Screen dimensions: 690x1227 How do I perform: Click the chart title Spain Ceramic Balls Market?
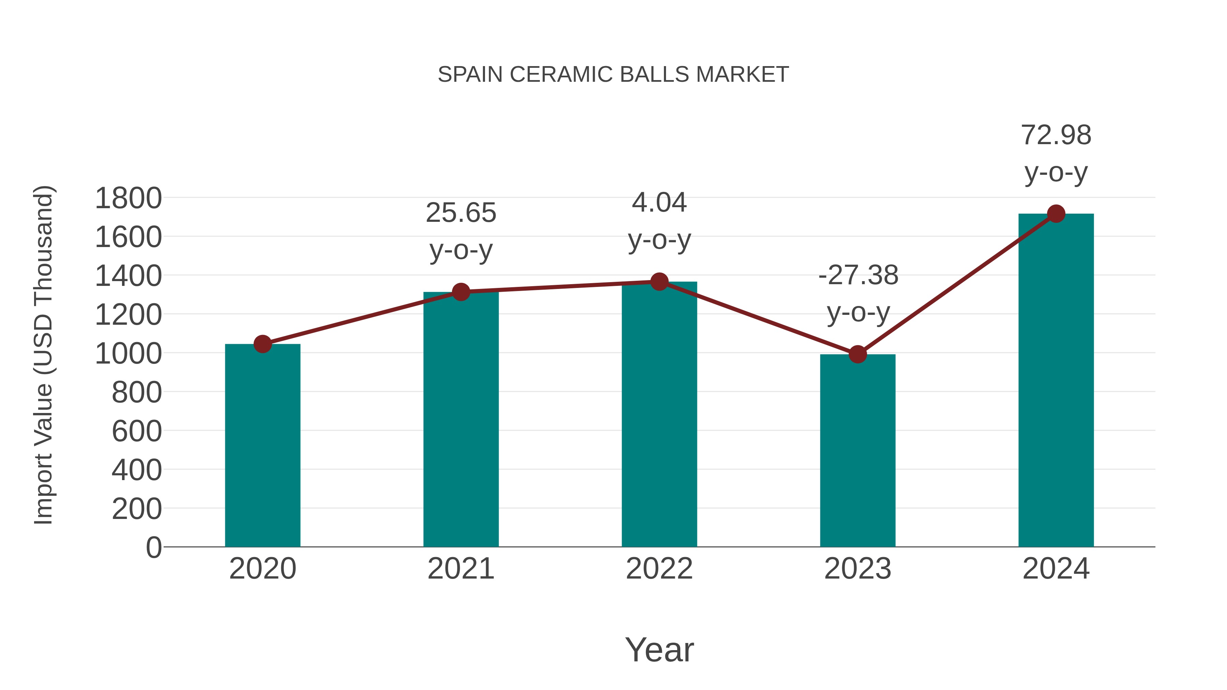click(613, 75)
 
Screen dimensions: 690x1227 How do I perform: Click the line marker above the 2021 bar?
click(461, 292)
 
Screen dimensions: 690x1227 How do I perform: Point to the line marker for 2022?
click(659, 282)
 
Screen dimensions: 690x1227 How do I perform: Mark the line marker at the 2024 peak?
click(1056, 214)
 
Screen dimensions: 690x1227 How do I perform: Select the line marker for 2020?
click(262, 344)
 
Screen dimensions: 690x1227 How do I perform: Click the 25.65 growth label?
click(461, 213)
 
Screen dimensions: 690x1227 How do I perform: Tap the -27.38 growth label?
click(858, 275)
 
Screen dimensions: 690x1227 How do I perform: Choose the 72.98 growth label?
click(1056, 135)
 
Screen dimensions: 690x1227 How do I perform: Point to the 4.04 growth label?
click(659, 203)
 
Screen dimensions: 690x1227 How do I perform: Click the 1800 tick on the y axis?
click(128, 198)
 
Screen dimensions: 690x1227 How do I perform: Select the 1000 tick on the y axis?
click(128, 354)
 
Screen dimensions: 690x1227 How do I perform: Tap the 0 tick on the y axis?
click(153, 548)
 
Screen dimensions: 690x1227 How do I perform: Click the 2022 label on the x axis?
click(659, 569)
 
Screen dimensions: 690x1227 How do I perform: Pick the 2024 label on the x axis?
click(1056, 569)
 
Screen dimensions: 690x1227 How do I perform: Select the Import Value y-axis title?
click(43, 355)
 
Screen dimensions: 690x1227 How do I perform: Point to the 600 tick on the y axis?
click(137, 431)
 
